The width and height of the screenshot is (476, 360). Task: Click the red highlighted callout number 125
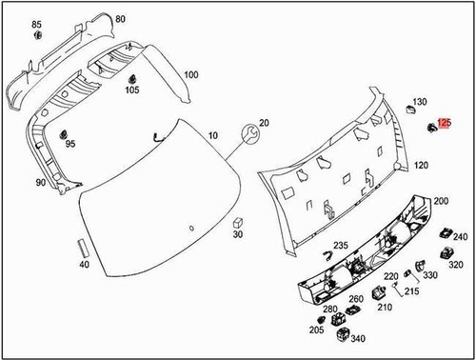[446, 124]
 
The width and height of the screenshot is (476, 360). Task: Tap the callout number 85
[37, 23]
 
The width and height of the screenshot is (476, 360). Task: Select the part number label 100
[190, 74]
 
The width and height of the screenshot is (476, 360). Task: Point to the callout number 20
[264, 123]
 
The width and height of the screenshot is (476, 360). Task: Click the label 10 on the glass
[211, 137]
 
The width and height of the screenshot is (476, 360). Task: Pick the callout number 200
[441, 203]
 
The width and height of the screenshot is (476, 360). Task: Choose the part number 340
[358, 338]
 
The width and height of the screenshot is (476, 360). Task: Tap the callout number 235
[341, 246]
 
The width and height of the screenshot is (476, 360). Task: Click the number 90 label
[41, 182]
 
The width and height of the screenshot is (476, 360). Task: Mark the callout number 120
[420, 165]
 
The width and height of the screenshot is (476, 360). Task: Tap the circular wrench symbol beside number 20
[249, 132]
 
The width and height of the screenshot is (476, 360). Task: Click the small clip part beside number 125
[430, 126]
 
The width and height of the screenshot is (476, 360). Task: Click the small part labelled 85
[39, 36]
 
